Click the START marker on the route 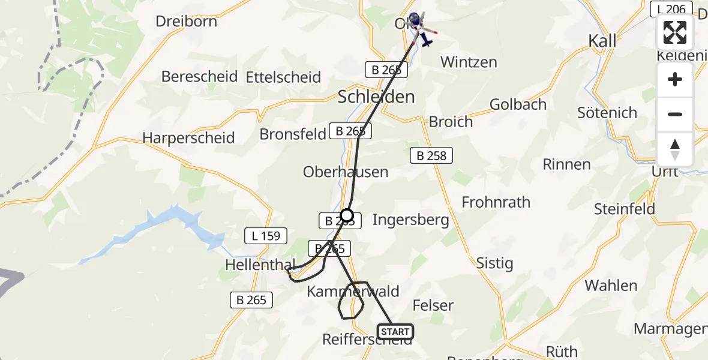395,331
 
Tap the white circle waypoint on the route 347,215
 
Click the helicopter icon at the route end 419,27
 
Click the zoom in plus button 675,80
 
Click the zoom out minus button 675,115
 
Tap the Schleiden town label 376,97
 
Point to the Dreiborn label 186,22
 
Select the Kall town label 602,41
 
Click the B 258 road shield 431,156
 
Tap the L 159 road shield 266,236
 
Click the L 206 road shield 668,9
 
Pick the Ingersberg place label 410,220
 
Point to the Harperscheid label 188,138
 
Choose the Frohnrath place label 496,202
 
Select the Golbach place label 518,104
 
